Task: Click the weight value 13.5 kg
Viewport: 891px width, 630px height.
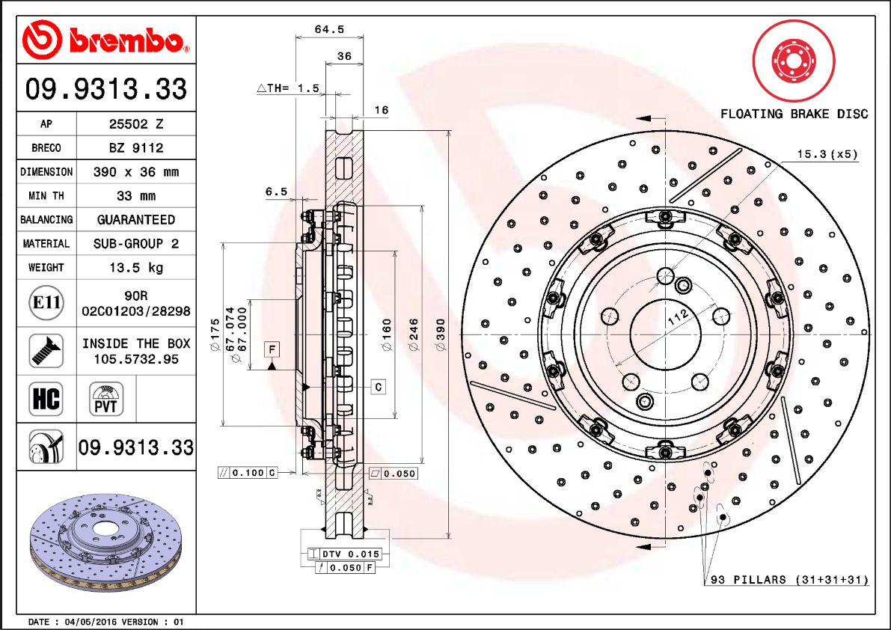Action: (136, 268)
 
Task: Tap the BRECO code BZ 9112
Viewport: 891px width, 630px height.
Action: (136, 148)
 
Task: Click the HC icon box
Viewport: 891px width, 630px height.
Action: (46, 399)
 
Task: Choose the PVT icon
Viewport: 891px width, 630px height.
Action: (105, 399)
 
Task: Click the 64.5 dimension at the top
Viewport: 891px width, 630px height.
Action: (330, 29)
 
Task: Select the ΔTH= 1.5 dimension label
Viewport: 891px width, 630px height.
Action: (288, 88)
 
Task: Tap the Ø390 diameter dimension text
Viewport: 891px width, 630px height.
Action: (441, 334)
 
